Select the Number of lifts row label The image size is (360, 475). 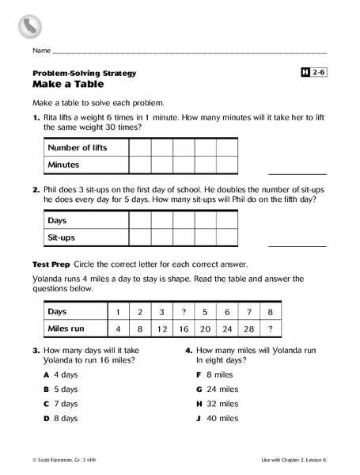[77, 147]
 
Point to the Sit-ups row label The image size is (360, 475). [63, 237]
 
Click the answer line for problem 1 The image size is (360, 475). [297, 173]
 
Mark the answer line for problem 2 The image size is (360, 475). [297, 245]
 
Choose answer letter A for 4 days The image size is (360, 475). [47, 374]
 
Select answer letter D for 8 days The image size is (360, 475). [47, 417]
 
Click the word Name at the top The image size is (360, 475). [41, 50]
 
